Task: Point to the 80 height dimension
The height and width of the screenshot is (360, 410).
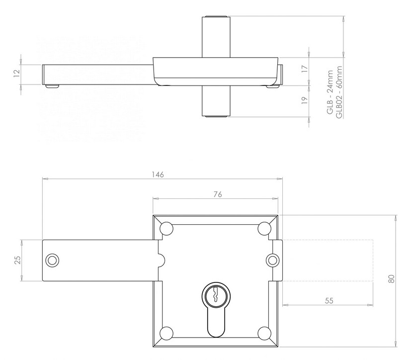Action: (392, 280)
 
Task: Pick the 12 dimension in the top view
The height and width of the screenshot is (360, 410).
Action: (16, 73)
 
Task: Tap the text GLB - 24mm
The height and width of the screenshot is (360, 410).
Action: (329, 93)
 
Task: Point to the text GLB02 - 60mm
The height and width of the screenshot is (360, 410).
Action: (339, 93)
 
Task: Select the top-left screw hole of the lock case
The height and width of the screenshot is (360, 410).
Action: (166, 228)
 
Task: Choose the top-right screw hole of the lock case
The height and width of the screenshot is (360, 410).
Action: (264, 228)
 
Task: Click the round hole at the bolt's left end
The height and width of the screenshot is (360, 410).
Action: (52, 260)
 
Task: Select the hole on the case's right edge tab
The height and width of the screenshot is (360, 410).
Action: (272, 260)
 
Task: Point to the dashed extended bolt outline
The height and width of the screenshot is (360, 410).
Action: (328, 260)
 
